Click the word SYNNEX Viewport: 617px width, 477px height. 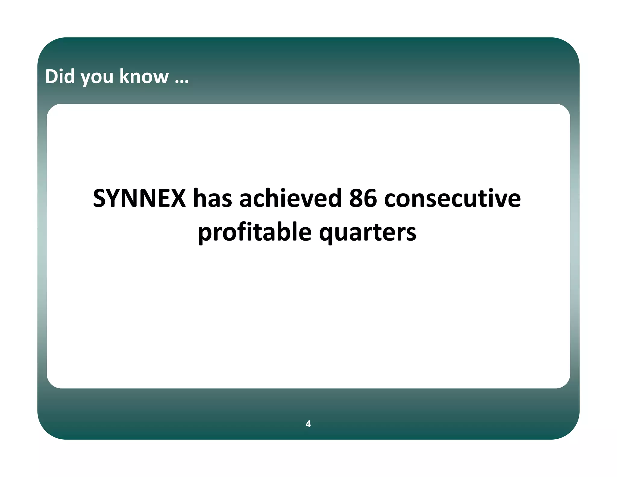pos(139,198)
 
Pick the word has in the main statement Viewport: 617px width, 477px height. pos(213,198)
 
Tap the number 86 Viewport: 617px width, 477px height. pos(363,198)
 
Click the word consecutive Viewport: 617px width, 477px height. pos(452,198)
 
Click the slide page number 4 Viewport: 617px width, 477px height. pos(308,424)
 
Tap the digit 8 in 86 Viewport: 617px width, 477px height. pos(356,198)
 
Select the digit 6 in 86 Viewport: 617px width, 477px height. pos(370,198)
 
